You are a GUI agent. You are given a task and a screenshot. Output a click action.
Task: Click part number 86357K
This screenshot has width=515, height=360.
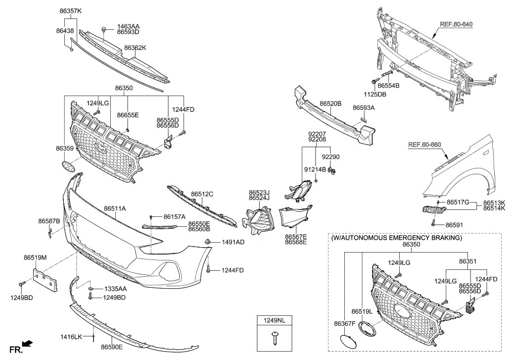point(70,10)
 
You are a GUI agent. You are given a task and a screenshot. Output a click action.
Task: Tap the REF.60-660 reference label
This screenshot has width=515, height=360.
point(424,145)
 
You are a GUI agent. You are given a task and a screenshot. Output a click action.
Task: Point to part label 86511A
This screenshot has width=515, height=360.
point(115,209)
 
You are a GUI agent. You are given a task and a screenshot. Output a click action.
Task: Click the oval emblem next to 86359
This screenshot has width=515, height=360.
point(69,166)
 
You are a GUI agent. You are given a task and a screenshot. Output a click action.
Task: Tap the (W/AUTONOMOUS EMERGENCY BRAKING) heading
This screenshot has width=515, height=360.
point(395,238)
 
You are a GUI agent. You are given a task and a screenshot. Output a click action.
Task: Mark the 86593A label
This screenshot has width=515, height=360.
point(364,107)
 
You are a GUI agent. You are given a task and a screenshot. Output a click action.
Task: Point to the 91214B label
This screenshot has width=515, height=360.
point(315,169)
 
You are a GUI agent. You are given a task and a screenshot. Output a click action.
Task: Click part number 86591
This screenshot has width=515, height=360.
point(456,224)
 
